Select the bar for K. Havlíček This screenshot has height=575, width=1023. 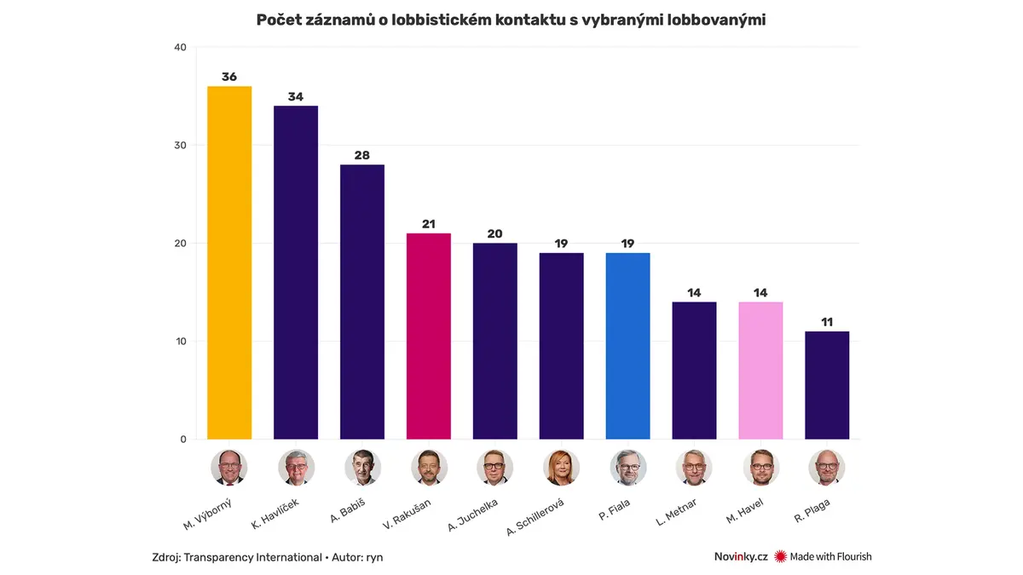coord(296,273)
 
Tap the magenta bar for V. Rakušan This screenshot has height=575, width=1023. coord(429,336)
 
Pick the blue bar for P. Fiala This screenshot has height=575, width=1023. coord(627,346)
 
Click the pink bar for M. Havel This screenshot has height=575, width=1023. coord(760,371)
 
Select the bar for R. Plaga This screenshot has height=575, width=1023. coord(827,385)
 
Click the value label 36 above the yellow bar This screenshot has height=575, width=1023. coord(229,77)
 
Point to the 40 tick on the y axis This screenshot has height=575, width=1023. coord(180,48)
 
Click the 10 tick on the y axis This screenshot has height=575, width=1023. coord(180,342)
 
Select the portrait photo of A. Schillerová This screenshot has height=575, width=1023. coord(561,467)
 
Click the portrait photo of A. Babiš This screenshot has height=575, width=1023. coord(362,467)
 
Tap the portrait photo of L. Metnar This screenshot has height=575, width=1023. coord(694,467)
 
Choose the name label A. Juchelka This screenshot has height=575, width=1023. coord(474,514)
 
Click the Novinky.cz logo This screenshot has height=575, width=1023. coord(741,556)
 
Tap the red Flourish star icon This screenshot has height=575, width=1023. coord(780,556)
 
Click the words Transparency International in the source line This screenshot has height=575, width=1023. coord(253,557)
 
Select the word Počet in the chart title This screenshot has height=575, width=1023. coord(280,20)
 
